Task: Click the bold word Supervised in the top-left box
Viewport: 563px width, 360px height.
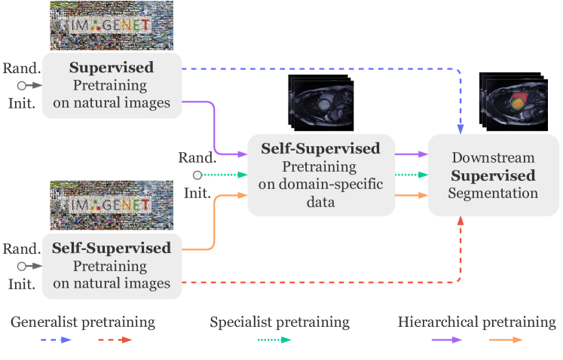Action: [112, 68]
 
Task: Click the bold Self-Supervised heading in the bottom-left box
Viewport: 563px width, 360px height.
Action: [112, 248]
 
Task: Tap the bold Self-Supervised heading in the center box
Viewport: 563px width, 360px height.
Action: [320, 148]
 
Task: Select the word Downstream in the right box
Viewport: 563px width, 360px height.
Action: [493, 158]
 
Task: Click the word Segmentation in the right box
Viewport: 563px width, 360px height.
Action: [493, 194]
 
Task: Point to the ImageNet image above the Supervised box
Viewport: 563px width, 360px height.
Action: [99, 26]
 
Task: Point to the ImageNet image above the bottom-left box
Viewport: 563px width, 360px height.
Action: [99, 205]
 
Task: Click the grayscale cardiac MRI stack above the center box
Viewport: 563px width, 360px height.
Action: [319, 102]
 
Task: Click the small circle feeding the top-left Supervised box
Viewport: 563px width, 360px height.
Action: [23, 85]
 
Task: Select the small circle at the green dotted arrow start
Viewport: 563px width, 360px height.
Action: [197, 175]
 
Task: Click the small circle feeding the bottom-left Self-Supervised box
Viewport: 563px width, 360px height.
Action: [23, 265]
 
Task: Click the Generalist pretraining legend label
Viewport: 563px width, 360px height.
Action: [83, 322]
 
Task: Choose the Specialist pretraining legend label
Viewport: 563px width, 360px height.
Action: [280, 322]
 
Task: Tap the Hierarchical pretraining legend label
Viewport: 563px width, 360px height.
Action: [476, 322]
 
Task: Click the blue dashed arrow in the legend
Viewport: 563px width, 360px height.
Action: [57, 340]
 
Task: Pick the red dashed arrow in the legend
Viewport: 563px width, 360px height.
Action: [115, 340]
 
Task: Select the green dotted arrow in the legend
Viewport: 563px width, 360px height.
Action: [274, 340]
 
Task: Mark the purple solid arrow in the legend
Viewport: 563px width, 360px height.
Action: [446, 340]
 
